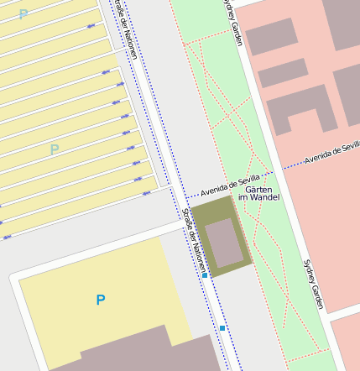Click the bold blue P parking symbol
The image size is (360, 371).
tap(101, 300)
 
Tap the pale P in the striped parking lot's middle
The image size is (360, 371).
tap(55, 150)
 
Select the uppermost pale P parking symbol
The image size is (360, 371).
tap(23, 14)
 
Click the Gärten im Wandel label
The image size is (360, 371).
tap(258, 192)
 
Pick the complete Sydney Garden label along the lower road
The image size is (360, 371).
tap(312, 283)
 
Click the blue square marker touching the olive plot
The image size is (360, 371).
tap(205, 275)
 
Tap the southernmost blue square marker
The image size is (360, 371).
tap(222, 328)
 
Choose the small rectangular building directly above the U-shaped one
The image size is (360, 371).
tap(283, 73)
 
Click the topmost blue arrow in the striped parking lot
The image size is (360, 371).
tap(91, 28)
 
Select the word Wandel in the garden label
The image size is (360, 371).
tap(265, 197)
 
